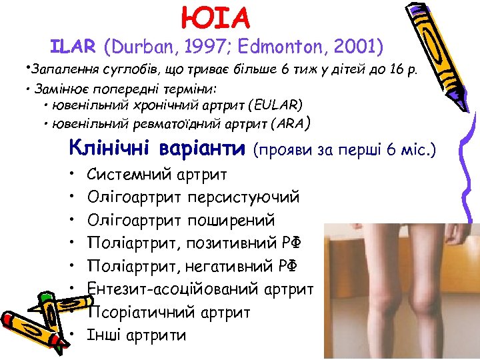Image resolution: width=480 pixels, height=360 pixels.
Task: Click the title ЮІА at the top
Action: (x=215, y=18)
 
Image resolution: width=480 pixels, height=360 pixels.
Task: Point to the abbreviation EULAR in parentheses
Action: (x=276, y=105)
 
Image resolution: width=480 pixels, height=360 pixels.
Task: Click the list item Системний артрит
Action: (x=157, y=175)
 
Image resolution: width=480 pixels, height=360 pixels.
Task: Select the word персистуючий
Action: (x=244, y=197)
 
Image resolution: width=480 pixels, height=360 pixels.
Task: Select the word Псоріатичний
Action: (x=141, y=312)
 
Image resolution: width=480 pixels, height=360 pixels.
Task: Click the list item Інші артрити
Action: (x=137, y=335)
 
